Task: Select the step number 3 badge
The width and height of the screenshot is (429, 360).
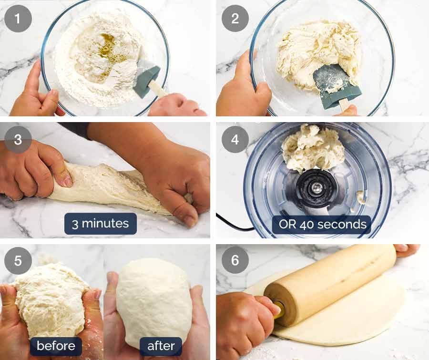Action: click(x=18, y=140)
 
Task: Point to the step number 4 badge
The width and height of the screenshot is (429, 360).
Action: click(x=235, y=140)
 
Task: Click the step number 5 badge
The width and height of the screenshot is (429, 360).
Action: click(x=18, y=261)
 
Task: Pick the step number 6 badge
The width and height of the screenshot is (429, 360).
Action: click(x=235, y=261)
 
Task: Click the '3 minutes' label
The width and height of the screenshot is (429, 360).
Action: click(x=101, y=224)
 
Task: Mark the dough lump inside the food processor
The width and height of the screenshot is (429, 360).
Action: click(x=312, y=148)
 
